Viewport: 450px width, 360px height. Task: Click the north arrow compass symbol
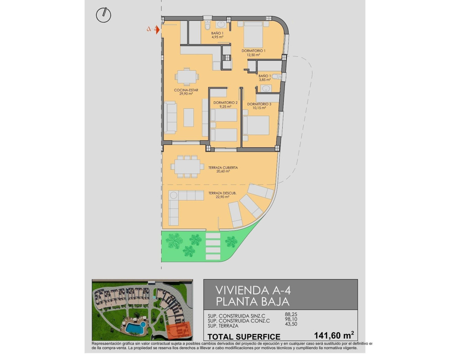pos(103,15)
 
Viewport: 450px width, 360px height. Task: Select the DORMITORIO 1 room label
pos(253,51)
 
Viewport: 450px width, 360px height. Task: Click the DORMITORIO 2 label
pos(225,103)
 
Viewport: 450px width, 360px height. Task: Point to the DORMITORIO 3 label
pos(259,104)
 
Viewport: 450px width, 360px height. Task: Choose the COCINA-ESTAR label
pos(186,90)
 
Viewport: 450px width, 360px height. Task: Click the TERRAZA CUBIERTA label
pos(223,168)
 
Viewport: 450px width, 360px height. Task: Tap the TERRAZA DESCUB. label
pos(222,193)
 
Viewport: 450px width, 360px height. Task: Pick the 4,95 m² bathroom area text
pos(217,37)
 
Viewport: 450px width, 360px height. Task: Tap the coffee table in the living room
pos(189,117)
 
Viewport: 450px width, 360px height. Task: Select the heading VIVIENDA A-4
pos(253,290)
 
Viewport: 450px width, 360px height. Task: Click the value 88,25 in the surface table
pos(291,315)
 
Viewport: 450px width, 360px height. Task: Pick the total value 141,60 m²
pos(334,335)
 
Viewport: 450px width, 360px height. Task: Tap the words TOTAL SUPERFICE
pos(244,336)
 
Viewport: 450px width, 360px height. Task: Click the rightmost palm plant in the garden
pos(231,241)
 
